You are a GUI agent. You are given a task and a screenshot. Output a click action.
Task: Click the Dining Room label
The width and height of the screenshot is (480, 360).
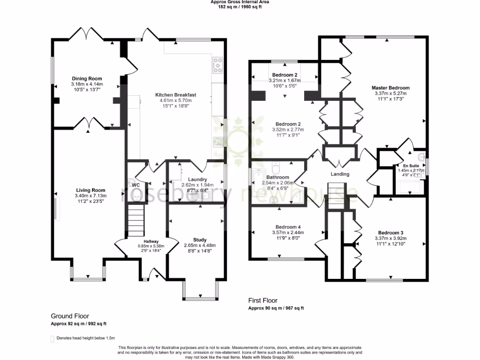87,78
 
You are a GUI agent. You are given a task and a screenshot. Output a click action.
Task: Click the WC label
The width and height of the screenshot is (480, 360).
136,185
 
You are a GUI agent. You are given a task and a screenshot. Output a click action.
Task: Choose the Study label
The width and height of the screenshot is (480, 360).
200,240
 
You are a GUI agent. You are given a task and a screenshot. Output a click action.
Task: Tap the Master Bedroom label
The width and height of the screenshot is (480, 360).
390,88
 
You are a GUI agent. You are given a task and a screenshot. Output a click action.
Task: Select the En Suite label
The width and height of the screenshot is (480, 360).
411,165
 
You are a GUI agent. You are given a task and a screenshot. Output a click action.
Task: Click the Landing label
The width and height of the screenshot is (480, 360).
340,174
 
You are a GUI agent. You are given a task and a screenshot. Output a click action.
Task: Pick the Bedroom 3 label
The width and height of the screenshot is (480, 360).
390,233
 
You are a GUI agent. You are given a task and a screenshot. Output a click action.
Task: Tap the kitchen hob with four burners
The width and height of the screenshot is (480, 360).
217,65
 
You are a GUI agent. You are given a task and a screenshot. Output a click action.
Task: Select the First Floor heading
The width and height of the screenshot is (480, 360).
262,300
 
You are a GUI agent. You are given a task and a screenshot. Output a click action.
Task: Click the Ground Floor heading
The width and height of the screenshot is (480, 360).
70,316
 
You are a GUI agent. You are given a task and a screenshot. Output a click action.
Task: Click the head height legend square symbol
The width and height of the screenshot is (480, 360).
52,338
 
